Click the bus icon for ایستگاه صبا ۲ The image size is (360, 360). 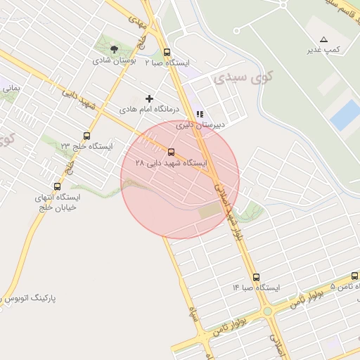point(167,52)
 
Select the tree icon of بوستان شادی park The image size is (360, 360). point(114,49)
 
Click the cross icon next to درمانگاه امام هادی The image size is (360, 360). point(148,99)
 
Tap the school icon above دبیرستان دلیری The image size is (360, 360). point(200,113)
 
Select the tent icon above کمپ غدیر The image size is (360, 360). point(323,39)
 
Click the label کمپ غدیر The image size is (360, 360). point(323,51)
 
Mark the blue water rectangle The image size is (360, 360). point(345,115)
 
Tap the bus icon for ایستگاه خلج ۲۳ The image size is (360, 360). point(86,136)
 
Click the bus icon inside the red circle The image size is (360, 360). point(171,151)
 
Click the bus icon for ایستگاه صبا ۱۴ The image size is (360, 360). point(255,277)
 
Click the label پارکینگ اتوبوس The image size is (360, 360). point(42,298)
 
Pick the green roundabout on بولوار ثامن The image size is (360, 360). point(267,311)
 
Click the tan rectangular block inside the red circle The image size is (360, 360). point(209,210)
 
